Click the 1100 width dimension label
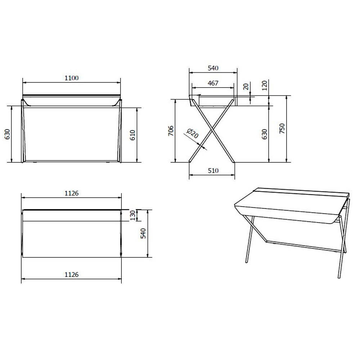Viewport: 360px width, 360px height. [x=71, y=78]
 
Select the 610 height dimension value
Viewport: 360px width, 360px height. [x=133, y=135]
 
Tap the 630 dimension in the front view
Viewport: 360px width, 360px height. [x=7, y=134]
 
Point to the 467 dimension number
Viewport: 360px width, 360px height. [x=213, y=83]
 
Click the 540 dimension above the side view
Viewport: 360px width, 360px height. [x=213, y=68]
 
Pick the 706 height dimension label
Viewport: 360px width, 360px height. [x=171, y=131]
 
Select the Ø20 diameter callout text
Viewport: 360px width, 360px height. [x=192, y=134]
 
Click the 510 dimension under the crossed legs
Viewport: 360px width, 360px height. [x=213, y=171]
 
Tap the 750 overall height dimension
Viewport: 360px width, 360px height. [x=282, y=129]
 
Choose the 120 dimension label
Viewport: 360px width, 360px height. [x=265, y=85]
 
